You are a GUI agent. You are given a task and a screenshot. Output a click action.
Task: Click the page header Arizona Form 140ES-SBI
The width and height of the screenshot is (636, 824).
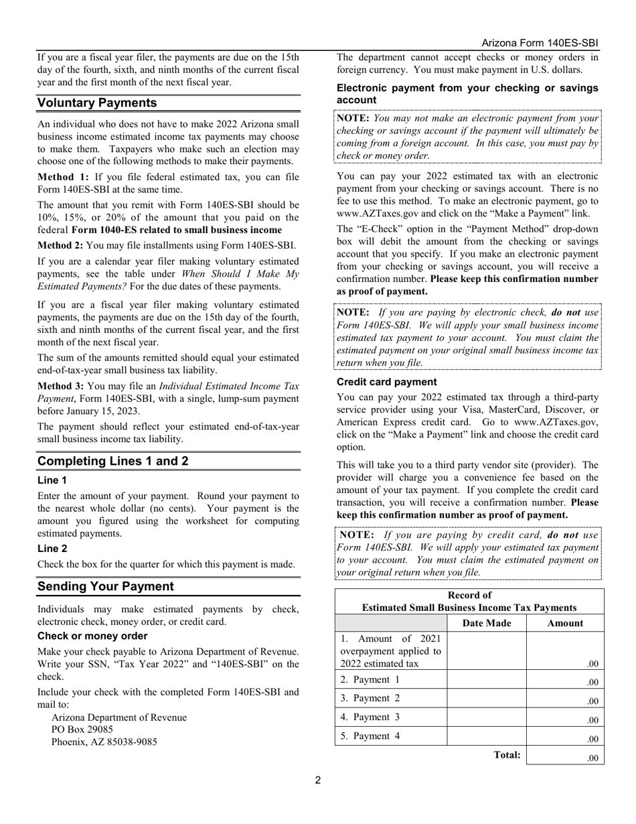tap(540, 43)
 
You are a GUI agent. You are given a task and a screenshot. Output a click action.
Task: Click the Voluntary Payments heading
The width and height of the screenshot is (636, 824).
tap(97, 102)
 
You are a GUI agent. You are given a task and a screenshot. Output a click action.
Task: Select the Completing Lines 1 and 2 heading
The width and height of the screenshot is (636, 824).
tap(112, 461)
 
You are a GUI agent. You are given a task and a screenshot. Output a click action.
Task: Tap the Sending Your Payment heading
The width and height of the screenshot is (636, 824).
tap(105, 586)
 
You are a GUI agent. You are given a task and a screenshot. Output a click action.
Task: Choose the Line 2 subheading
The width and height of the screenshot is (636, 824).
tap(52, 548)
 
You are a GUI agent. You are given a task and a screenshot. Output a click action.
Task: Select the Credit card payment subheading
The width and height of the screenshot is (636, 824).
tap(386, 382)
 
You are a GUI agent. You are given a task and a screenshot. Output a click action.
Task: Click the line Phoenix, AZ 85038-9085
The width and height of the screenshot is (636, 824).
tap(104, 742)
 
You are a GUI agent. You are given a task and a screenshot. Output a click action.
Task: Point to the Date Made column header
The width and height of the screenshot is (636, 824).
tap(487, 623)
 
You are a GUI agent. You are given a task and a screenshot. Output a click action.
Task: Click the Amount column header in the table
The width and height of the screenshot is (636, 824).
tap(565, 623)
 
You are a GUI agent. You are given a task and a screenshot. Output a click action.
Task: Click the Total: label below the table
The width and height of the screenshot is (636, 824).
tap(507, 754)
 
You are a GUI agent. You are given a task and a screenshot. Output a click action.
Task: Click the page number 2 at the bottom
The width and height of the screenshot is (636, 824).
tap(318, 780)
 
